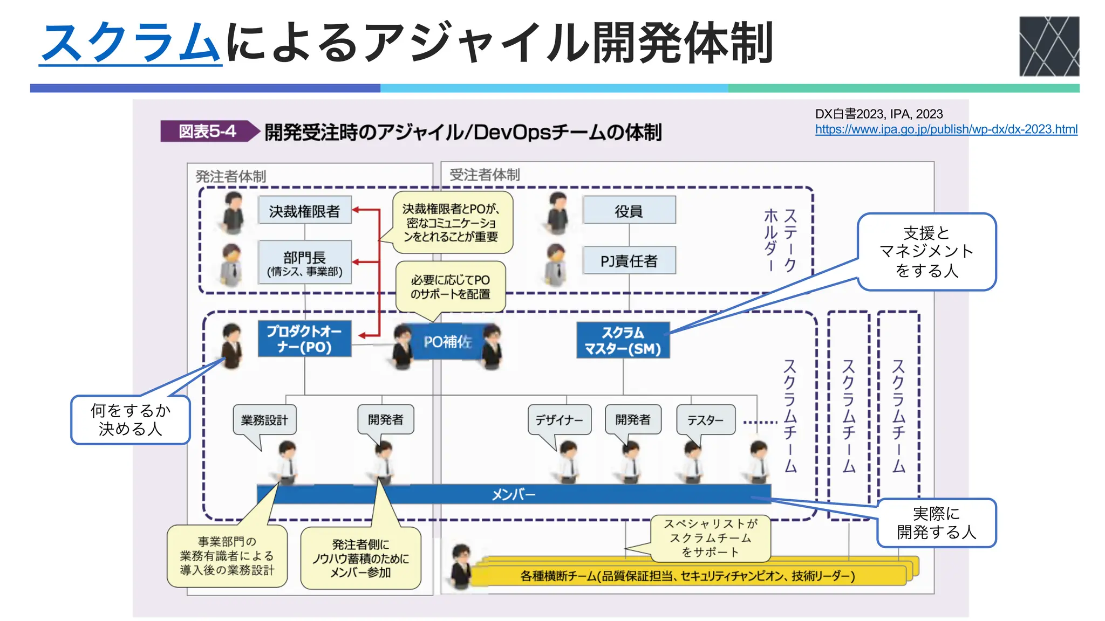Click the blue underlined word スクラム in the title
coord(131,43)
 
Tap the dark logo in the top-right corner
coord(1049,46)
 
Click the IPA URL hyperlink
coord(946,129)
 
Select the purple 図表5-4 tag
coord(208,131)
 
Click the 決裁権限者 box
coord(304,211)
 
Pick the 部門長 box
coord(304,263)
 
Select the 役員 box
coord(629,211)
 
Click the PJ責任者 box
coord(629,261)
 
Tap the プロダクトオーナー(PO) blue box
coord(304,339)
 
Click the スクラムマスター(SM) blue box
coord(623,341)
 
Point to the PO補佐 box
coord(447,341)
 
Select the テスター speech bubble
coord(705,420)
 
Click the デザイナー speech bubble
coord(559,420)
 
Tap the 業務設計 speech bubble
coord(264,420)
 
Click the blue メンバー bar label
coord(513,494)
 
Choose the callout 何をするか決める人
coord(130,420)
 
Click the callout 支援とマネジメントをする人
coord(926,252)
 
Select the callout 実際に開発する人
coord(936,523)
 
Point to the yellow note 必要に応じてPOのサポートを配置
coord(451,287)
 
